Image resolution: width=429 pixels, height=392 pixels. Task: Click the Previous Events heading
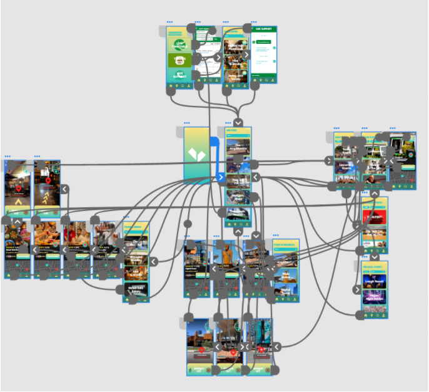(373, 264)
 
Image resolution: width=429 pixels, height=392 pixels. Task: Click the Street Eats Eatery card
(136, 288)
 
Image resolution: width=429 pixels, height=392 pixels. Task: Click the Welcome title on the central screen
(233, 131)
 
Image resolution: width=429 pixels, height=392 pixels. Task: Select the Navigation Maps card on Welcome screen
(238, 199)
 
